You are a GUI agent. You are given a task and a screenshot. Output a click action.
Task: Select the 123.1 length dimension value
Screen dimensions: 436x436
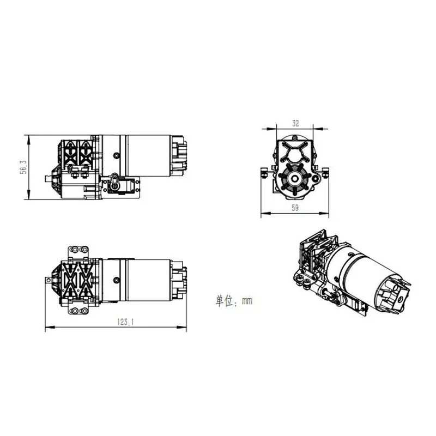(125, 322)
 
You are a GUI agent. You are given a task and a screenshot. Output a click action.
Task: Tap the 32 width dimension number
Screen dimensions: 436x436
(295, 123)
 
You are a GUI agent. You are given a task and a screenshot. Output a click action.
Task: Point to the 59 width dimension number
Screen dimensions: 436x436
(295, 207)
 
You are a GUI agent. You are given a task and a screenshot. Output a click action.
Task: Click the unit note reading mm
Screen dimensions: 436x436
(233, 300)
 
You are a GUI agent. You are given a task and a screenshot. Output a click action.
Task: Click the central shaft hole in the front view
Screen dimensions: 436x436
(294, 178)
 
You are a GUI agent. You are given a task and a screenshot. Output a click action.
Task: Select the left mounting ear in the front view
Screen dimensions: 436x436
(265, 173)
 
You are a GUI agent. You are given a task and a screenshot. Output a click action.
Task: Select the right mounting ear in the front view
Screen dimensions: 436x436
(325, 173)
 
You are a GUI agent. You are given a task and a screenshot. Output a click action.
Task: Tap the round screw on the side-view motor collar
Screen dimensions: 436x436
(116, 155)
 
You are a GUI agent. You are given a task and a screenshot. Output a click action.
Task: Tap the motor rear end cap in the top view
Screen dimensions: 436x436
(180, 279)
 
